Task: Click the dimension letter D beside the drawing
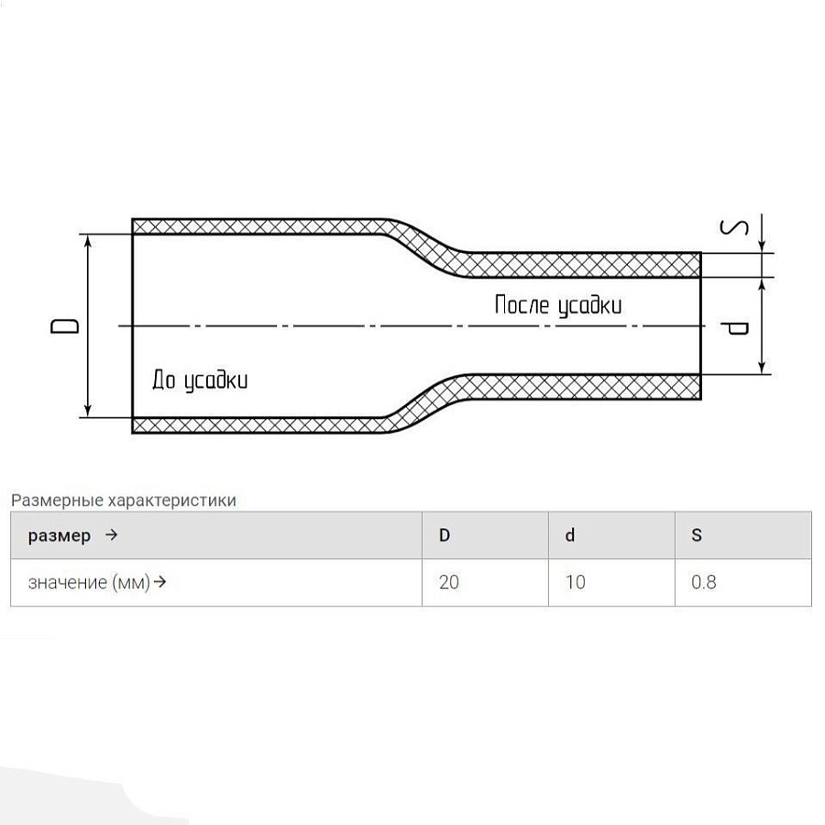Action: tap(65, 326)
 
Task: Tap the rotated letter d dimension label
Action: tap(734, 329)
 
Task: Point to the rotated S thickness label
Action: tap(734, 227)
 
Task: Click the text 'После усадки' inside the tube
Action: tap(557, 305)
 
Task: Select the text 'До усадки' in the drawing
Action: tap(200, 379)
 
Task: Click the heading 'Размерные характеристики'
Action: tap(124, 500)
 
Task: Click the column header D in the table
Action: tap(445, 535)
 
